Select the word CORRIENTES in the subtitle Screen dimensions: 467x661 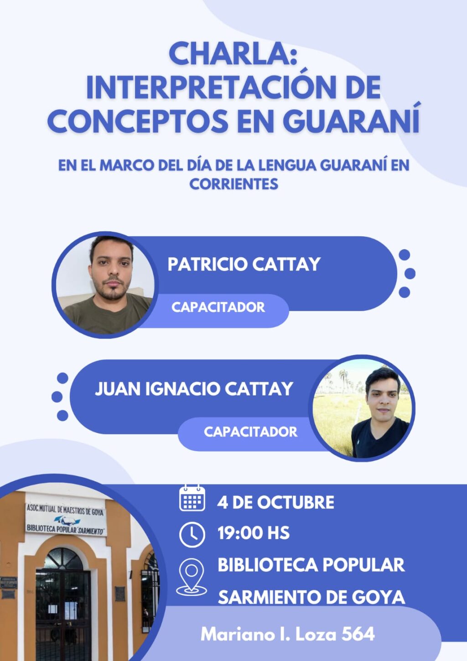point(233,184)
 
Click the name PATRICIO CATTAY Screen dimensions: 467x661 point(244,264)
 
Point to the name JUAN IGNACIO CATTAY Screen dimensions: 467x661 point(194,389)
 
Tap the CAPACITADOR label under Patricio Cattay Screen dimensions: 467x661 point(218,307)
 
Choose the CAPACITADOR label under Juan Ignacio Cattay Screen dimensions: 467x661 point(250,432)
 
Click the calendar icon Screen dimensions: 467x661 point(192,498)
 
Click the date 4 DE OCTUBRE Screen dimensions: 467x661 point(275,502)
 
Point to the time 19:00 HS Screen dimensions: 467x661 point(254,533)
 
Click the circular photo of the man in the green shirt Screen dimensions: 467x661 point(105,285)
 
